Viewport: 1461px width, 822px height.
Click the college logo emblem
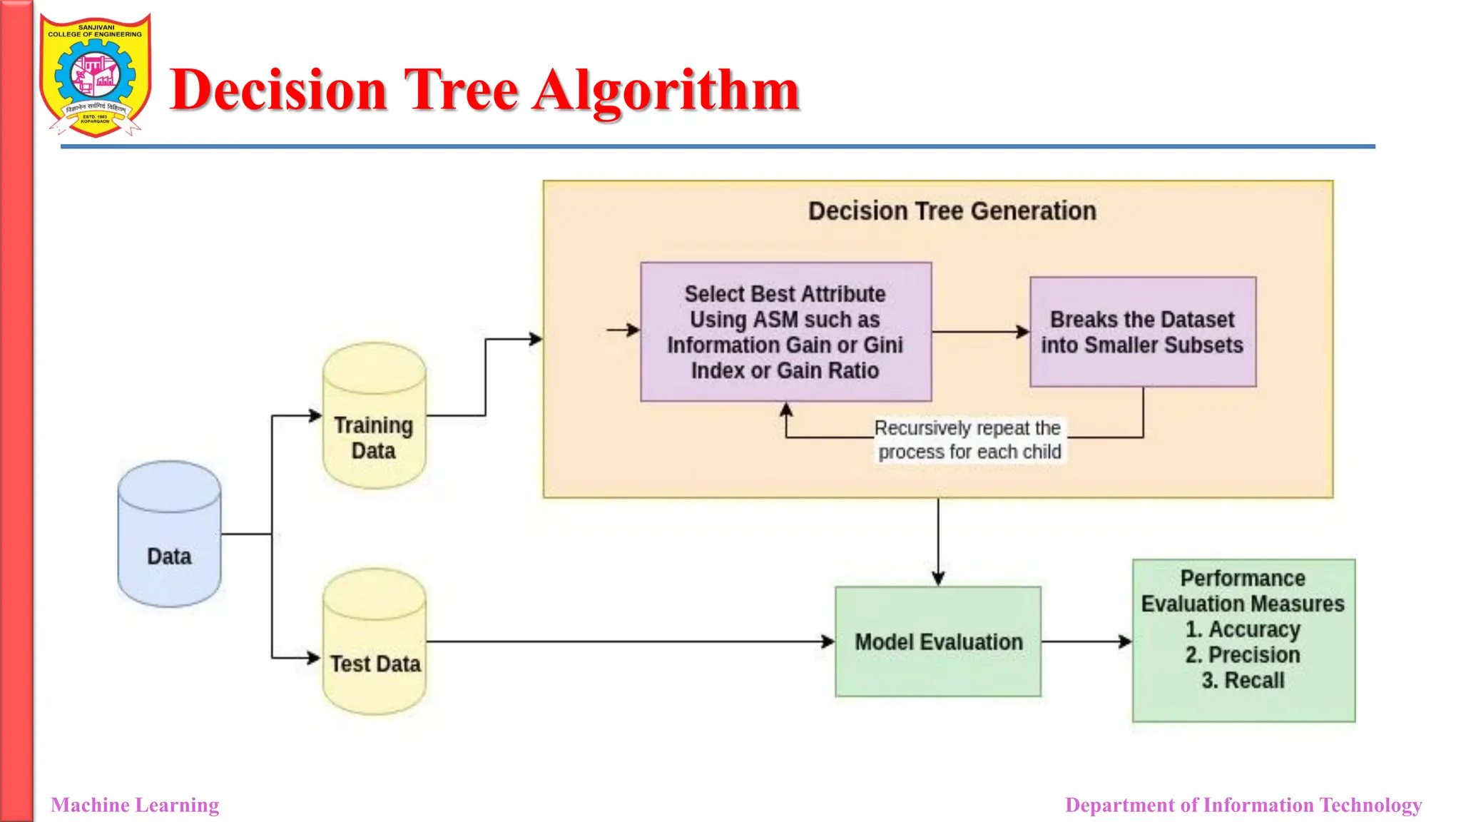coord(95,75)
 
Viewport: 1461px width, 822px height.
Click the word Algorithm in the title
coord(666,91)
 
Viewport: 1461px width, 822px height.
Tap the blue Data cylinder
coord(169,534)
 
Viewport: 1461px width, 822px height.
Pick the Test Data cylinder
coord(374,642)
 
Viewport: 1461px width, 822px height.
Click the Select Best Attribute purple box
coord(785,332)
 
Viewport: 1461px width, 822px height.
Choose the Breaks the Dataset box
coord(1142,332)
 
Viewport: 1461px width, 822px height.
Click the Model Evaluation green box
coord(938,641)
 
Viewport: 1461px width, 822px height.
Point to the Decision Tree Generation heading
coord(952,211)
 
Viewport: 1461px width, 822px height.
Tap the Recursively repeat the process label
coord(969,440)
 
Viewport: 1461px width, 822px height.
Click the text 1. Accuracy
coord(1243,629)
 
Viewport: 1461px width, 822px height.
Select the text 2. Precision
coord(1243,655)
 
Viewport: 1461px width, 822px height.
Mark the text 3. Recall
coord(1243,681)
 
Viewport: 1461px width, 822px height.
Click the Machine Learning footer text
coord(135,805)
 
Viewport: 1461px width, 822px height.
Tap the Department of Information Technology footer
coord(1243,805)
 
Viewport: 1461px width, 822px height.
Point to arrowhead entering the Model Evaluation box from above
coord(938,579)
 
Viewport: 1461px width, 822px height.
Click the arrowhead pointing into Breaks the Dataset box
coord(1023,332)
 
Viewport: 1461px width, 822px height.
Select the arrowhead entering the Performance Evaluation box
coord(1126,641)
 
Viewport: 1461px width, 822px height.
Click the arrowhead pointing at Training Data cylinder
coord(315,415)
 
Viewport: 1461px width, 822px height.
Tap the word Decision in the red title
coord(278,91)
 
